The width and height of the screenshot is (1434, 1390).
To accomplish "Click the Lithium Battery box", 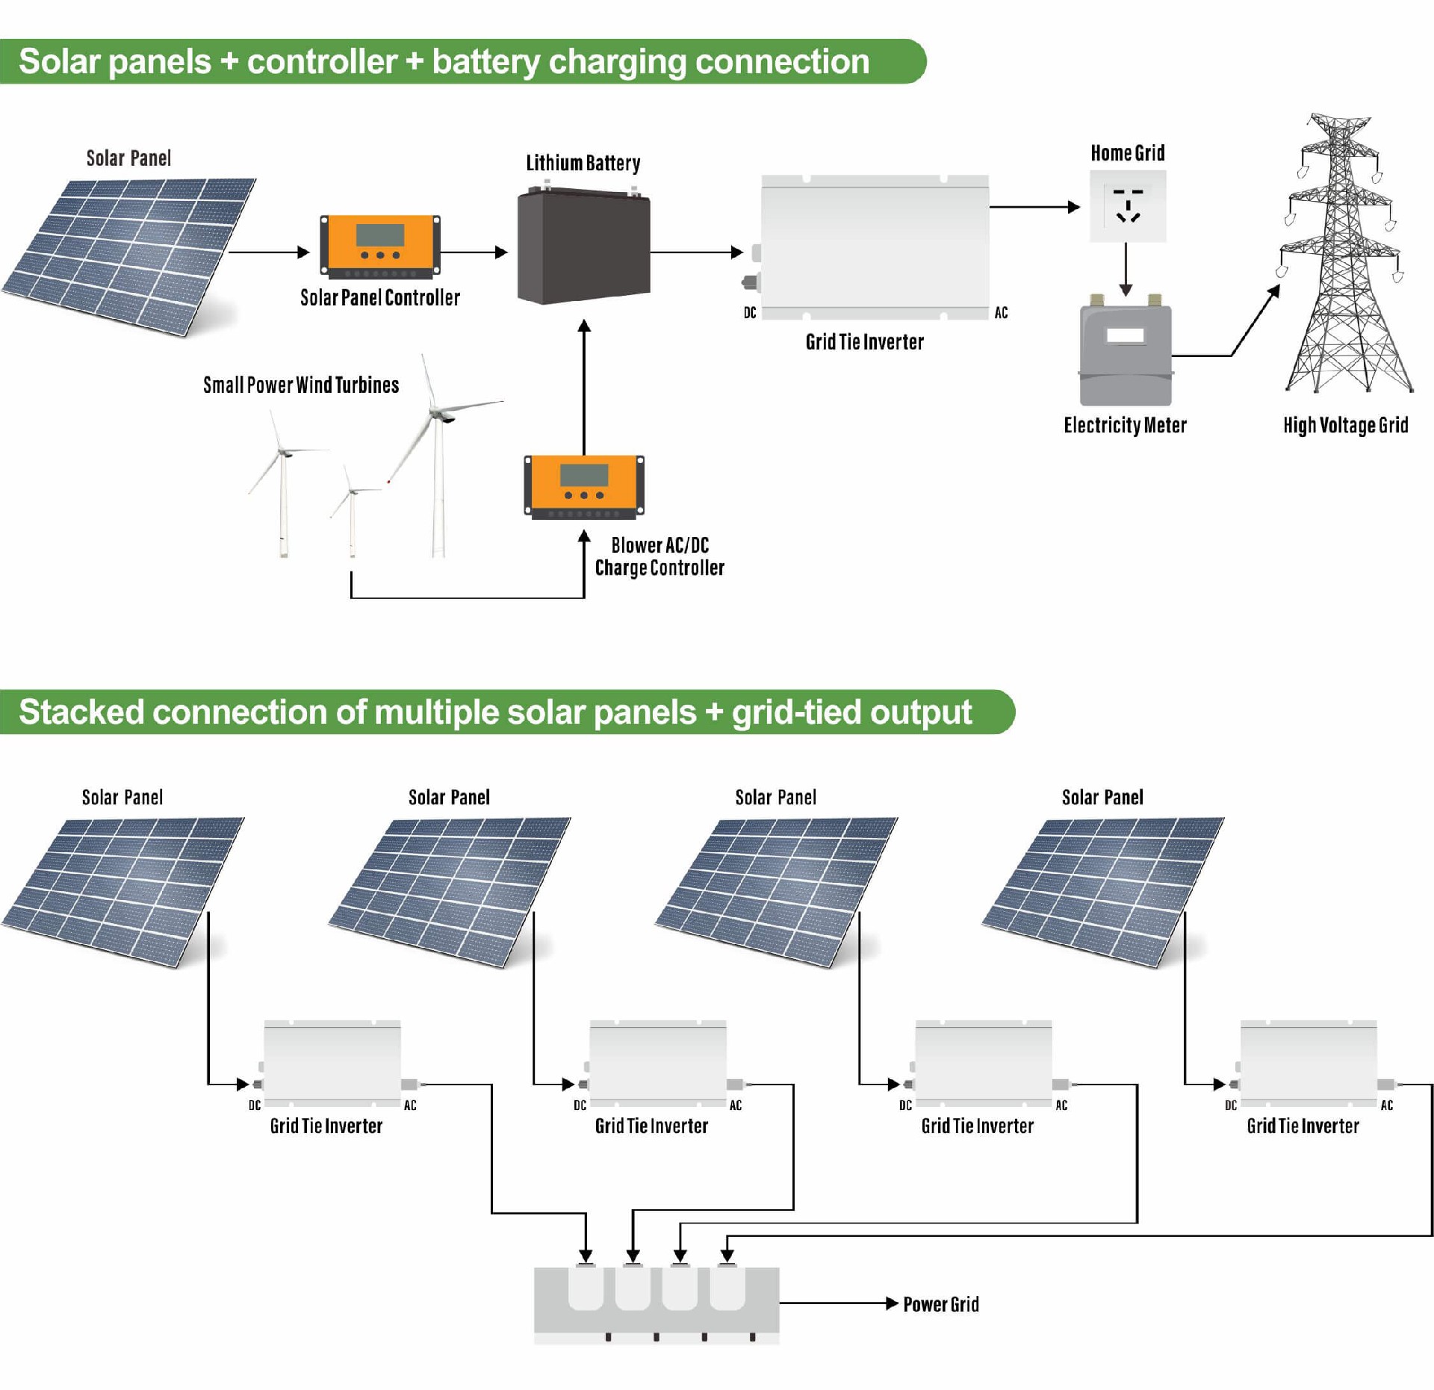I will click(583, 247).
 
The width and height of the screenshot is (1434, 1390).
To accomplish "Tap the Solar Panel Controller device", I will click(379, 244).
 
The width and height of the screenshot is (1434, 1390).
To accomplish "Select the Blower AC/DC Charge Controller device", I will click(583, 485).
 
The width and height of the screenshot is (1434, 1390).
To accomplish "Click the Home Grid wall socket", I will click(1127, 206).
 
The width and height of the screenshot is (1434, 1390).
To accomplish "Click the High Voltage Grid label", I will click(1345, 425).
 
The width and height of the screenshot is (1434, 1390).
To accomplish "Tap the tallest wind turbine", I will click(437, 456).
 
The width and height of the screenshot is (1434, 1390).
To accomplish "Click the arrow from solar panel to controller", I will click(269, 252).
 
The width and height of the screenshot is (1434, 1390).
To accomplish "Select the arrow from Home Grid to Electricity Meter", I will click(1126, 269).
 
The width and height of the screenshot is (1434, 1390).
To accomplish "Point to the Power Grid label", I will click(940, 1304).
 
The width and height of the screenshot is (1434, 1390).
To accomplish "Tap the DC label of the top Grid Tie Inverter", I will click(750, 313).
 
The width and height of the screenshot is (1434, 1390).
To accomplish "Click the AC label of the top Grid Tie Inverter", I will click(1001, 313).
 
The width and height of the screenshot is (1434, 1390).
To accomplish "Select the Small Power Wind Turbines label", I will click(301, 385).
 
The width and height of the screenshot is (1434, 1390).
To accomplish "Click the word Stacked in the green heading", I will click(81, 712).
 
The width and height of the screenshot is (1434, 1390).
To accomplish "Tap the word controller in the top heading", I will click(322, 61).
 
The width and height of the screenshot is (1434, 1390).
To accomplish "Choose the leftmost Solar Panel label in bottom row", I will click(122, 798).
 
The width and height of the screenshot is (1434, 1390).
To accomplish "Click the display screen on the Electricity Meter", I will click(1126, 335).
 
